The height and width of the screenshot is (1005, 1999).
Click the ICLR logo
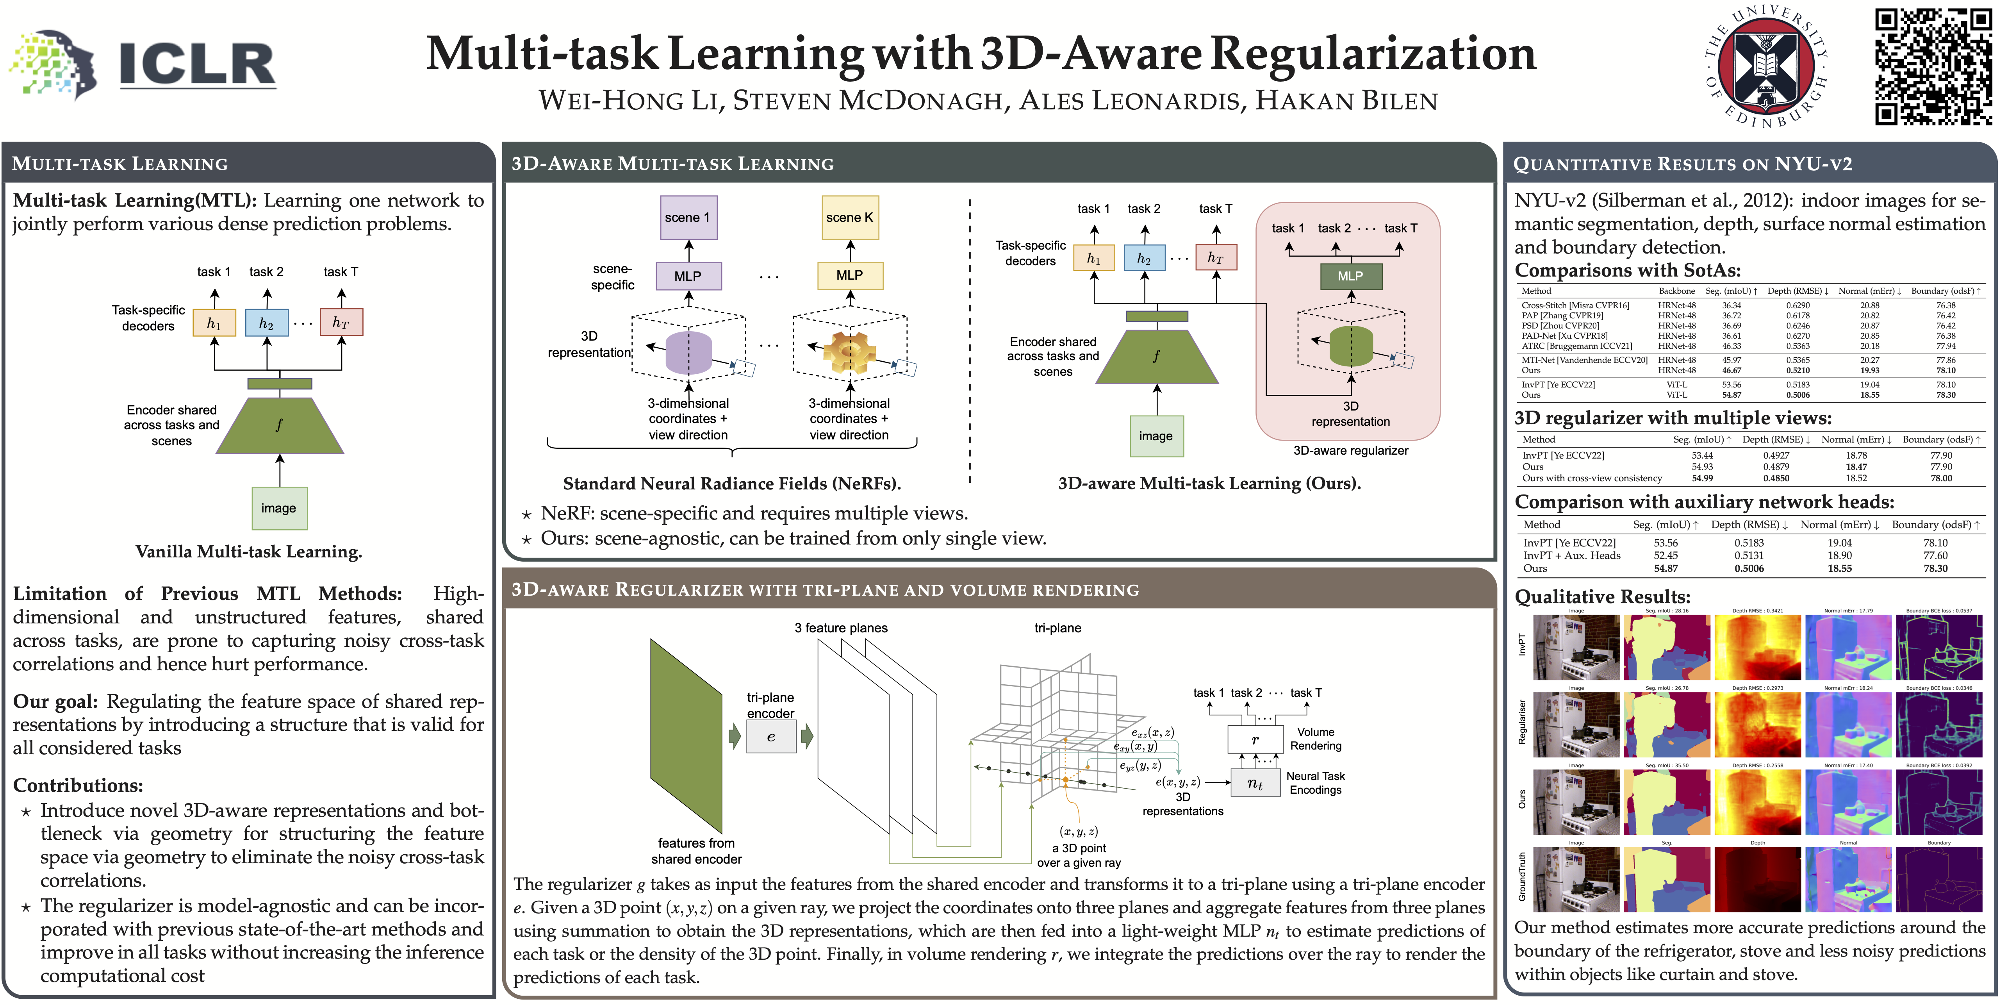point(144,64)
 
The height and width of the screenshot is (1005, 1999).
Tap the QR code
point(1932,67)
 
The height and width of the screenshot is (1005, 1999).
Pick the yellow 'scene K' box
point(850,217)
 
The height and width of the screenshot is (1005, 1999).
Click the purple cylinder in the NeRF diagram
point(688,353)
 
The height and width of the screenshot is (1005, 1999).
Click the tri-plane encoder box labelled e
point(770,737)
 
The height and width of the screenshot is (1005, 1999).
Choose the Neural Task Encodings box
point(1255,783)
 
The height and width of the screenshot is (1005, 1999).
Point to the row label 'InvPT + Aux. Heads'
point(1571,556)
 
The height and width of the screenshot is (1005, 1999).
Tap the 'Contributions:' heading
point(78,785)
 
